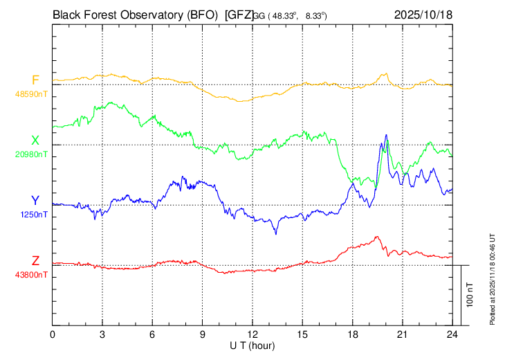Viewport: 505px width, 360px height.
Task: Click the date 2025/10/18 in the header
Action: point(423,13)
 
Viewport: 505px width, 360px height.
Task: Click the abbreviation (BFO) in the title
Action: point(196,13)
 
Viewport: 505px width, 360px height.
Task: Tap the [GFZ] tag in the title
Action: point(239,13)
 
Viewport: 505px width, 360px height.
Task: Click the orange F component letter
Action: point(35,80)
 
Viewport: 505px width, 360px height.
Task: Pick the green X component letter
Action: point(35,141)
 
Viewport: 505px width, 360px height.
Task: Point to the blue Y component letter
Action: point(35,201)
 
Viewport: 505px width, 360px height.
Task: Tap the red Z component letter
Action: point(35,261)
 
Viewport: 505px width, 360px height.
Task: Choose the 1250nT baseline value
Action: point(33,215)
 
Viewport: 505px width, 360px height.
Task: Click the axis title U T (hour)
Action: point(252,345)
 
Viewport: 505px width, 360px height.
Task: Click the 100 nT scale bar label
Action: point(470,295)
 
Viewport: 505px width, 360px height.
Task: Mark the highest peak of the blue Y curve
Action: point(386,135)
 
